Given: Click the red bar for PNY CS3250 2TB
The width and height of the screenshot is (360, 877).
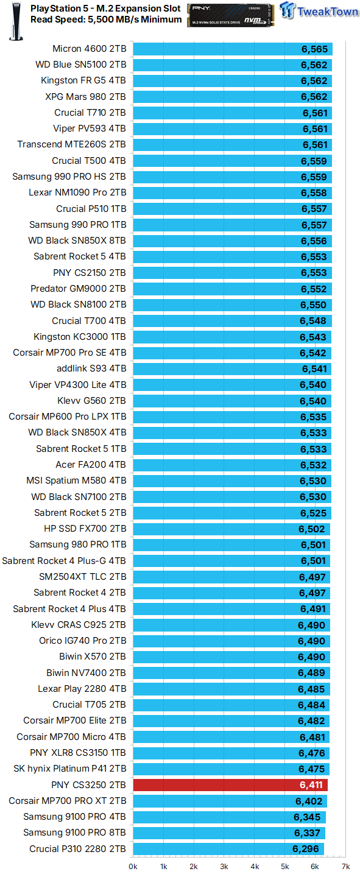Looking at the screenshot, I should (230, 785).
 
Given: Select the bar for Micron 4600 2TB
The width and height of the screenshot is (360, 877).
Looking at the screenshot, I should (231, 49).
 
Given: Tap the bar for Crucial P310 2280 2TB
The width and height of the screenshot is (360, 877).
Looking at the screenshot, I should (228, 849).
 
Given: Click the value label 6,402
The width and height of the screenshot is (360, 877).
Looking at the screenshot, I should (308, 801).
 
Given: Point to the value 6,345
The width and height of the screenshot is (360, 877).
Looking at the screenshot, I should (307, 817).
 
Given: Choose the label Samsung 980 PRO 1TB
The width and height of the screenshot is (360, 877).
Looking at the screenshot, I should (78, 544).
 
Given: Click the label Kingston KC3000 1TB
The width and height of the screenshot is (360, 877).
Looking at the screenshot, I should (80, 337).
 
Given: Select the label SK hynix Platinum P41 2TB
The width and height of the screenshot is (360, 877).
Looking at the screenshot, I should (70, 769).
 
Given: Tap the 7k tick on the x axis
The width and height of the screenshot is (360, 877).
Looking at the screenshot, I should (345, 866).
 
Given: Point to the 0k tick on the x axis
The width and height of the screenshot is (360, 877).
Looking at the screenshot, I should (133, 866).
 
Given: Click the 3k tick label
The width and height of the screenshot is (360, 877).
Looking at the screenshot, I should (224, 866).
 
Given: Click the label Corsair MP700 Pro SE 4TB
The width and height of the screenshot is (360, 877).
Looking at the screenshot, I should (69, 353).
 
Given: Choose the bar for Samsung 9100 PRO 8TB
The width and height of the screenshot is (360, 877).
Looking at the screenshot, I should (229, 833).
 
